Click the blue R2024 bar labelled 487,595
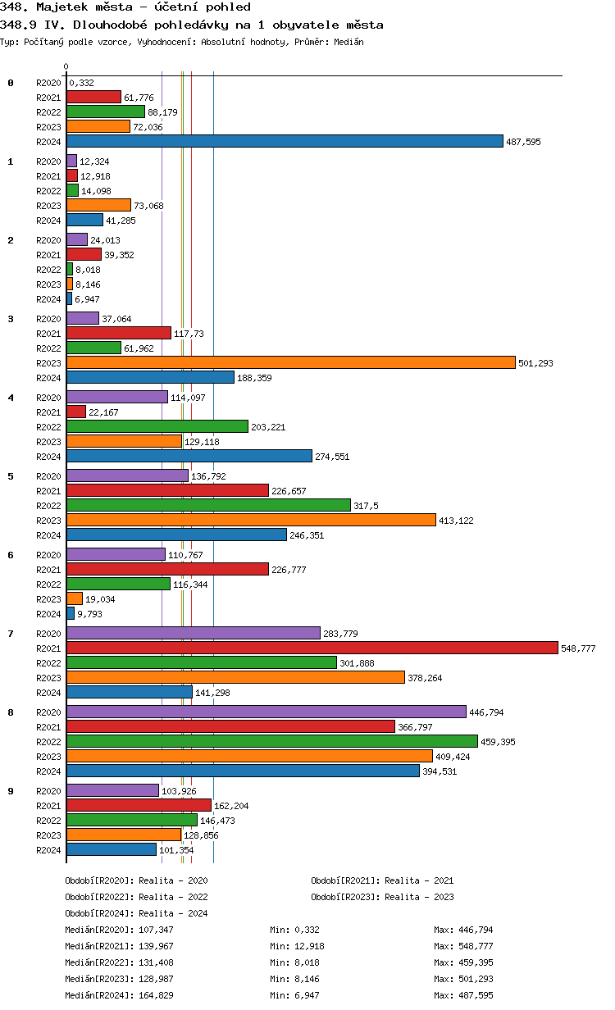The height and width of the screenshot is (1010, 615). (x=285, y=141)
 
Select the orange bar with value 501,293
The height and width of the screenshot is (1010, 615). (x=290, y=362)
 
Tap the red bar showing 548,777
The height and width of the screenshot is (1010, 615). (x=312, y=648)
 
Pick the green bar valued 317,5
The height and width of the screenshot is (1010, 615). (x=208, y=505)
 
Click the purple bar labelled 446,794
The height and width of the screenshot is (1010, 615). (x=266, y=712)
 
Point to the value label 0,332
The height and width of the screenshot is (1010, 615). (x=82, y=83)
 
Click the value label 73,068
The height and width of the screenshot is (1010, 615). (x=149, y=206)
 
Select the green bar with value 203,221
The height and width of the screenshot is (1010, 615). (x=157, y=426)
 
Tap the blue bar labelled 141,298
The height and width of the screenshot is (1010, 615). (x=129, y=692)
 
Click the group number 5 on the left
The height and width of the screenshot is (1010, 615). (x=11, y=475)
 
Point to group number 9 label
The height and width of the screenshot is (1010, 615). (x=11, y=790)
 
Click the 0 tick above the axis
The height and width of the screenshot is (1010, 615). (x=66, y=67)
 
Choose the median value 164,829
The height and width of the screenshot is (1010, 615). (x=157, y=995)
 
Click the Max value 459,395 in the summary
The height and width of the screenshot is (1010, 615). (x=476, y=962)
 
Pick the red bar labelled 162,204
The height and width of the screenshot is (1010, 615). (x=139, y=805)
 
